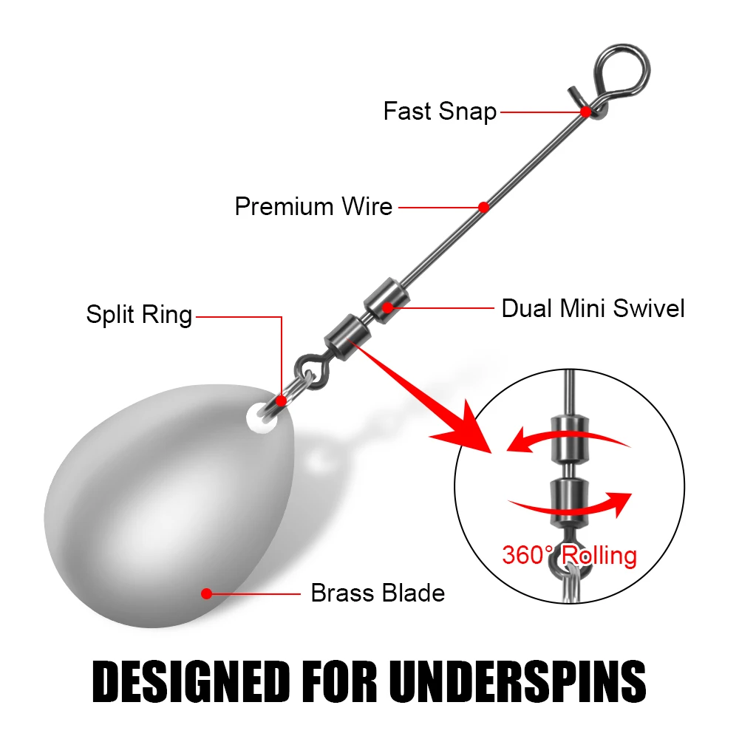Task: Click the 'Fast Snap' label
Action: click(440, 112)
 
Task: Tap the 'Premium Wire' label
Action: click(313, 206)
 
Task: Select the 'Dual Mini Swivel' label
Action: click(593, 307)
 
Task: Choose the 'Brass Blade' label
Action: click(378, 593)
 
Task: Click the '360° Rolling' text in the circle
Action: click(569, 554)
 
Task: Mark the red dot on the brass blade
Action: click(206, 593)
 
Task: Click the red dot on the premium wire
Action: click(484, 207)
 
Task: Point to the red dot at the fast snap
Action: click(585, 112)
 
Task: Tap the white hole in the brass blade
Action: click(258, 415)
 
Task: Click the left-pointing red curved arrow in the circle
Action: click(562, 440)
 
